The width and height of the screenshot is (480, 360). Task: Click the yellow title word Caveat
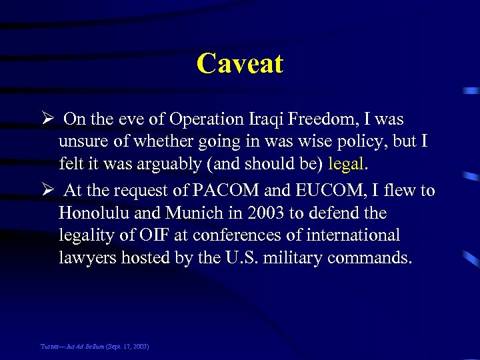tap(240, 64)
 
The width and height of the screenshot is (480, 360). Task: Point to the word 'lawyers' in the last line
tap(87, 258)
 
